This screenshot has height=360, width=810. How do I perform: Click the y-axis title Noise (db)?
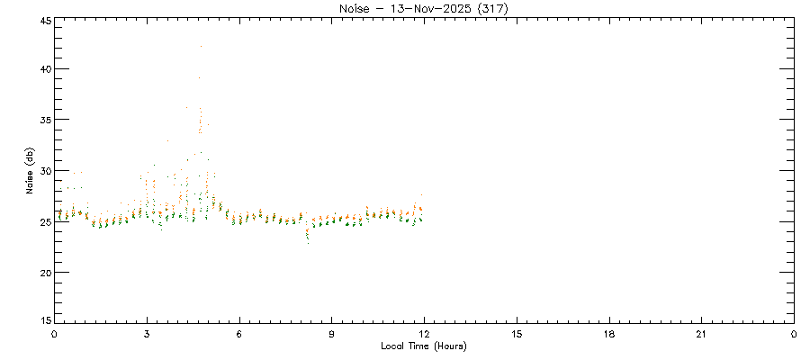(x=30, y=171)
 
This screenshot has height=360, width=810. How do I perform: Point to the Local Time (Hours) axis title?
(x=424, y=346)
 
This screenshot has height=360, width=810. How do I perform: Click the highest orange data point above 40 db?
(x=201, y=46)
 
